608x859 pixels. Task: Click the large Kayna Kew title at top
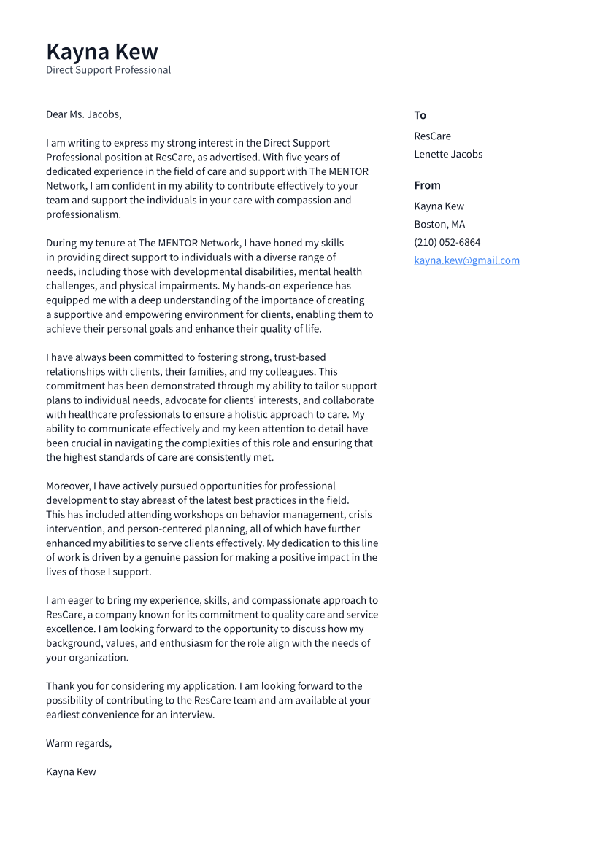point(101,52)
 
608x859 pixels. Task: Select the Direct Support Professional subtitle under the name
point(108,70)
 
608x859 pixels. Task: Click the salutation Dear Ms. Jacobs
point(83,114)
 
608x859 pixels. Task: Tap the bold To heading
point(420,115)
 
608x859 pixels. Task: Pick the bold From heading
point(427,185)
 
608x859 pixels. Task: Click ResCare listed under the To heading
point(432,136)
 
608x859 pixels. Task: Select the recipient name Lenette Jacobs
point(448,154)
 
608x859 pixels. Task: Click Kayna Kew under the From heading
point(439,206)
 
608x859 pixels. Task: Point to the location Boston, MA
point(439,224)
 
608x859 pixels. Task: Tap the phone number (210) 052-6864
point(447,242)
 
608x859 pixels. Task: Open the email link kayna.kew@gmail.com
point(466,260)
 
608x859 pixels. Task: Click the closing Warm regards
point(79,743)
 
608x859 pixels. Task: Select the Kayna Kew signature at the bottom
point(71,771)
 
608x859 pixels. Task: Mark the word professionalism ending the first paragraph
point(83,214)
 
